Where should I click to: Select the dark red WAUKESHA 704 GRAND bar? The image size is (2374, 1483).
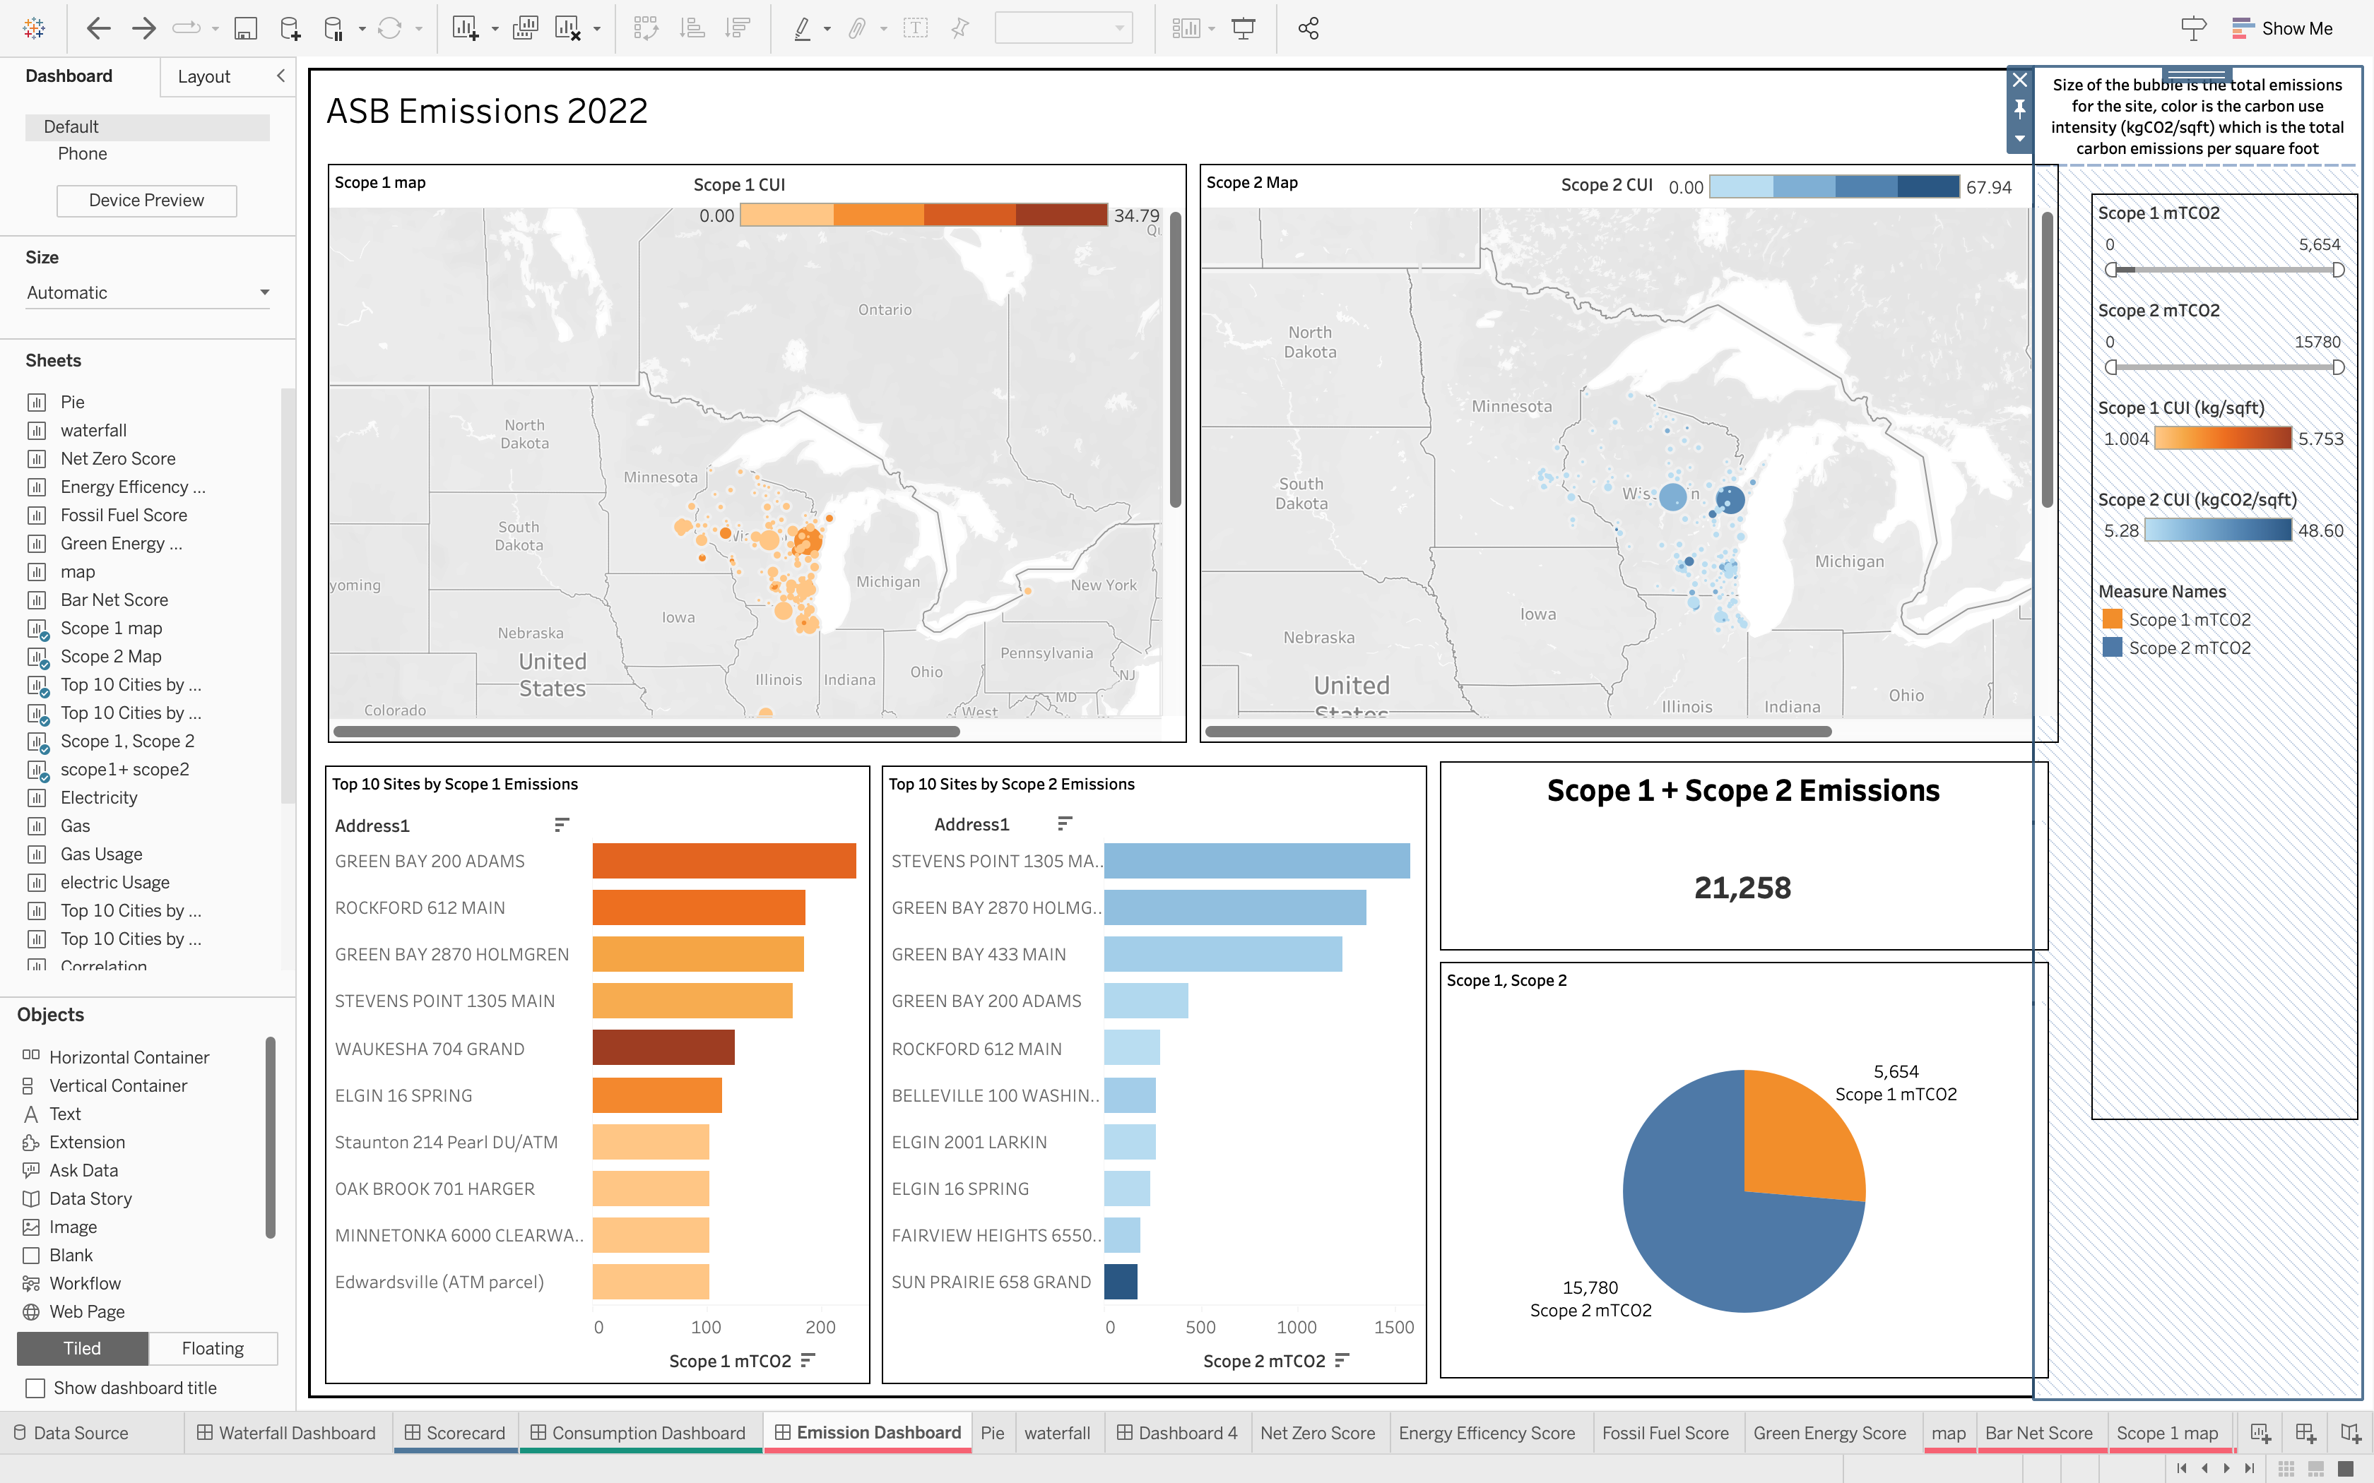coord(663,1047)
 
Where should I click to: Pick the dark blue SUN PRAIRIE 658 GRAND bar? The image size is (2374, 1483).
coord(1121,1281)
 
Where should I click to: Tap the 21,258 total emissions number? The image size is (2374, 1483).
coord(1742,888)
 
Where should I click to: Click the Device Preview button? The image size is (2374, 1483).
coord(146,200)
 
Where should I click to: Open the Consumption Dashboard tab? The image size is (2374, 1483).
coord(647,1433)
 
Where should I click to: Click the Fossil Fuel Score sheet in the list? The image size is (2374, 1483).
coord(124,515)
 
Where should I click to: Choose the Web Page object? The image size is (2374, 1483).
coord(86,1311)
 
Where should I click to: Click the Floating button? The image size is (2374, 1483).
coord(212,1349)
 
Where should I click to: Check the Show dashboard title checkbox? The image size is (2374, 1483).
coord(35,1388)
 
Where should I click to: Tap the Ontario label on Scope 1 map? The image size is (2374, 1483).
coord(884,310)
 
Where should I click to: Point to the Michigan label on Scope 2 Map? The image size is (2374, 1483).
coord(1849,561)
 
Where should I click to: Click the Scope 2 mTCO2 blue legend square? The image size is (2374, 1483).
coord(2112,648)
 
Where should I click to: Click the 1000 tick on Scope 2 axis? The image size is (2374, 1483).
coord(1296,1327)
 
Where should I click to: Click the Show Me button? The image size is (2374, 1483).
coord(2283,28)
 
